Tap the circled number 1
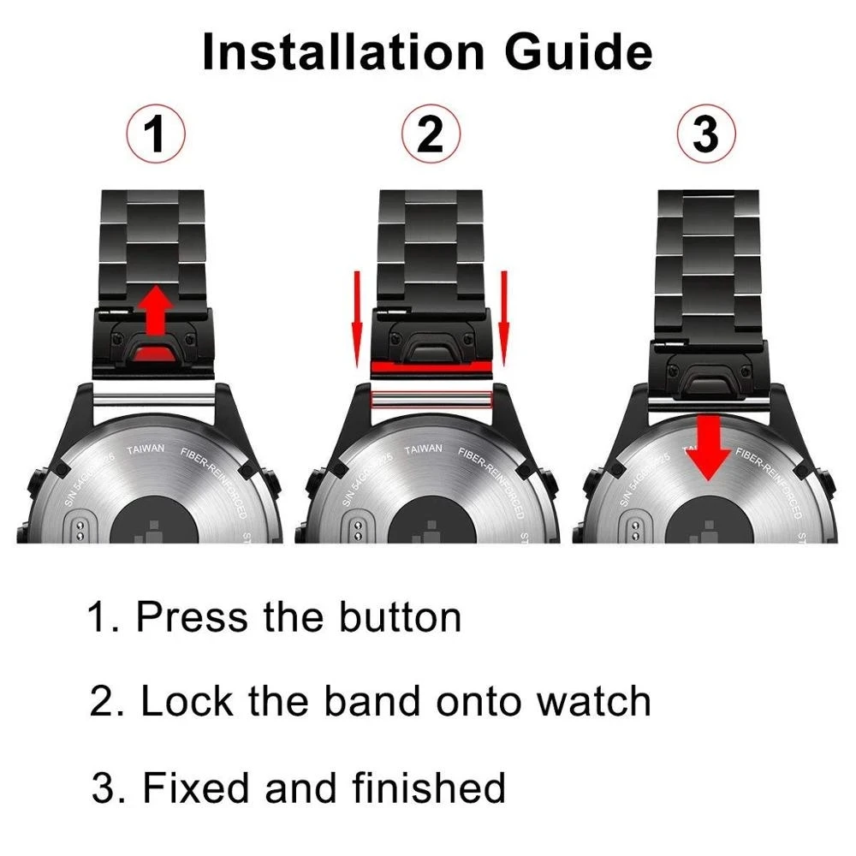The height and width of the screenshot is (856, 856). (155, 136)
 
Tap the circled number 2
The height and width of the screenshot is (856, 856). (431, 136)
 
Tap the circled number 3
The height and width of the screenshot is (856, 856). (705, 136)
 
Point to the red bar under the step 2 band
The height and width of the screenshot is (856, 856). (431, 366)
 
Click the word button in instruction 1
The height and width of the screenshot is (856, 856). (400, 618)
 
